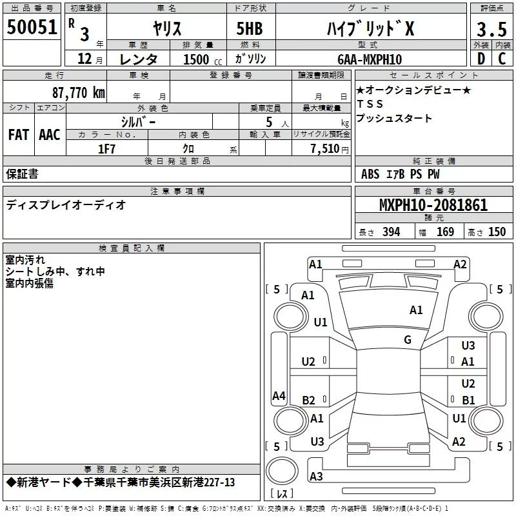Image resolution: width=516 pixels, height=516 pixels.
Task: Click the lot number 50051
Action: pyautogui.click(x=32, y=27)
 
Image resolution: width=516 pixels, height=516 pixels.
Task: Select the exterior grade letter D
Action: pyautogui.click(x=480, y=58)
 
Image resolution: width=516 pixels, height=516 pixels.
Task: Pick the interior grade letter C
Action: pyautogui.click(x=502, y=58)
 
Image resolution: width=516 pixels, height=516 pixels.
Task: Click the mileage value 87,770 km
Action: pyautogui.click(x=77, y=92)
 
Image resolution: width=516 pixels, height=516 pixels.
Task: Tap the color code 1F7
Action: pyautogui.click(x=106, y=148)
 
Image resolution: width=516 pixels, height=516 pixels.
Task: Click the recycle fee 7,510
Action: pyautogui.click(x=326, y=148)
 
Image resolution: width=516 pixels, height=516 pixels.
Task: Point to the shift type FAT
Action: pyautogui.click(x=19, y=135)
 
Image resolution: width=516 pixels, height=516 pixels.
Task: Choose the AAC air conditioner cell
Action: pyautogui.click(x=50, y=135)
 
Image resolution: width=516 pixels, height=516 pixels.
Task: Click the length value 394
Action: pyautogui.click(x=391, y=232)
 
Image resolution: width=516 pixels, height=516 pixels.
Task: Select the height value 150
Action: pyautogui.click(x=497, y=232)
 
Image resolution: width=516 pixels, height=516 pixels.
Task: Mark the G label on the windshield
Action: pyautogui.click(x=408, y=339)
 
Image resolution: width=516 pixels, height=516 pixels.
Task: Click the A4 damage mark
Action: pyautogui.click(x=279, y=396)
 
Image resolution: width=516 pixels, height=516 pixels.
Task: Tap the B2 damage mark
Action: pyautogui.click(x=309, y=400)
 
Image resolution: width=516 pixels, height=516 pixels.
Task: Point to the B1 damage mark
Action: pyautogui.click(x=468, y=400)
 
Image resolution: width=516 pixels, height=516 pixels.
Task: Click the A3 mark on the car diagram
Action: pyautogui.click(x=316, y=476)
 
